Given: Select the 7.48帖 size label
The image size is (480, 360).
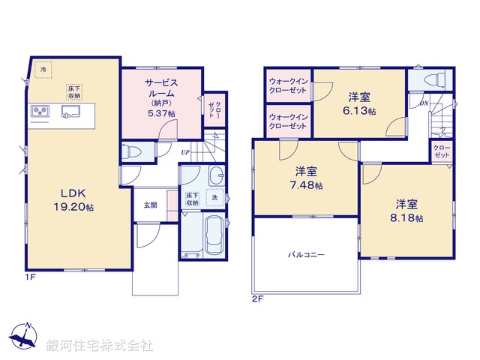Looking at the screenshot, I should [307, 184].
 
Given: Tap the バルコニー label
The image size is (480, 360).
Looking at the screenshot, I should [307, 255].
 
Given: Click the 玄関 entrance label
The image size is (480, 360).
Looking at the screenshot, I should [151, 204].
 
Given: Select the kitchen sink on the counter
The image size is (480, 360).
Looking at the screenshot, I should [73, 112].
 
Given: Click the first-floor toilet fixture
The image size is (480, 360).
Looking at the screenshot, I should [129, 151].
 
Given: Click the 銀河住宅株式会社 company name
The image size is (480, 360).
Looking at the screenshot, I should [100, 346].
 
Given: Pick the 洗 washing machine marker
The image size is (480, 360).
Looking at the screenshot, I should [215, 196].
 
